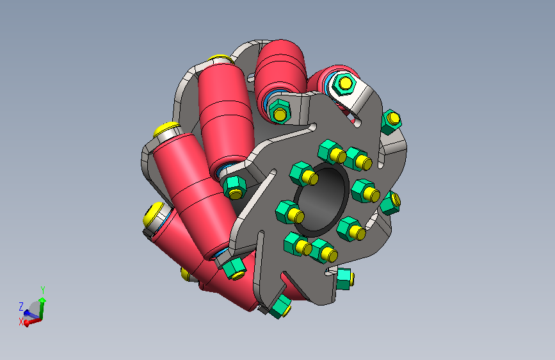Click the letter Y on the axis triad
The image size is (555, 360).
tap(42, 290)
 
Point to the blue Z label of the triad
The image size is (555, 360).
tap(21, 306)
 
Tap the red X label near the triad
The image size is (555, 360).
tap(21, 322)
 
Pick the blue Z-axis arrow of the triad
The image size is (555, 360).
tap(31, 315)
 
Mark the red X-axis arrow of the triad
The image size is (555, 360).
tap(33, 322)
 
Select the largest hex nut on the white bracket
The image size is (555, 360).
tap(342, 84)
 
